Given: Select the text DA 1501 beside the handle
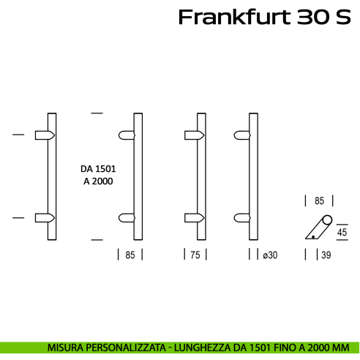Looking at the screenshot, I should (x=98, y=168).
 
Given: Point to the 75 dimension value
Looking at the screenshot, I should (x=194, y=255).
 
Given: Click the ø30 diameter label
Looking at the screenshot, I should (x=271, y=255).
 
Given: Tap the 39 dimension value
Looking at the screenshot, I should (x=326, y=255).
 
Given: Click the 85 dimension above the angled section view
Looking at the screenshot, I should (x=319, y=199).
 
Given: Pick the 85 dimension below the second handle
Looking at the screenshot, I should (x=130, y=255).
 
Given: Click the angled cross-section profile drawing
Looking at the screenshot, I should (x=318, y=228).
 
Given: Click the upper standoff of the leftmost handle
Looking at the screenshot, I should (x=44, y=135).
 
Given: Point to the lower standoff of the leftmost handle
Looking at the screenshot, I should (x=44, y=217).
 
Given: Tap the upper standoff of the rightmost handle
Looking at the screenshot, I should (x=243, y=135).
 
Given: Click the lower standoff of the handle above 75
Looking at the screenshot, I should (x=192, y=217).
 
